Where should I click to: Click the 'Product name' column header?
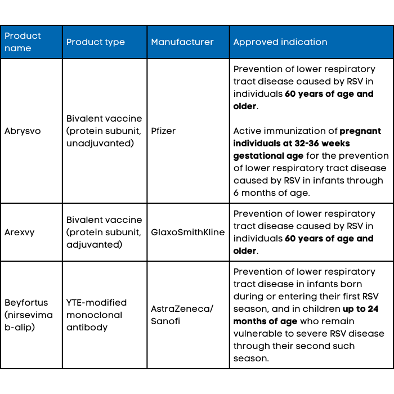(23, 42)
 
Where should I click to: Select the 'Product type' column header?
(96, 42)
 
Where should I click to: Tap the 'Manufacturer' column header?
(182, 42)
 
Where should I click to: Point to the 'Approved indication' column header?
(280, 42)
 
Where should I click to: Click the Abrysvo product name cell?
(23, 131)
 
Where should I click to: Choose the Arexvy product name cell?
(20, 232)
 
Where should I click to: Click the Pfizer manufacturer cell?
(163, 131)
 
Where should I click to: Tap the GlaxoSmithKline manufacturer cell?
(188, 232)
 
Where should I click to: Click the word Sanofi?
(167, 321)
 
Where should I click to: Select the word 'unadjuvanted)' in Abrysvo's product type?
(100, 144)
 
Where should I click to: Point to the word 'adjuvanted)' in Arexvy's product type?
(94, 245)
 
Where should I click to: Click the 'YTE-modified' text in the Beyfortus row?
(97, 303)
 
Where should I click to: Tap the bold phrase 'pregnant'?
(360, 131)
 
